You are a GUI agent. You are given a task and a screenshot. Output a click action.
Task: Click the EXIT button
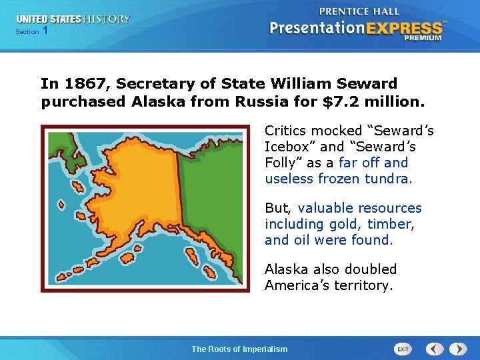click(403, 349)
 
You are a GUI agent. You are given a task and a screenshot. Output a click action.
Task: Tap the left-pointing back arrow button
click(435, 349)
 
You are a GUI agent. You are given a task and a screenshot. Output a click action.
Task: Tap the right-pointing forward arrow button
click(458, 349)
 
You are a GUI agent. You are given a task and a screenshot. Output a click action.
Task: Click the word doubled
click(368, 269)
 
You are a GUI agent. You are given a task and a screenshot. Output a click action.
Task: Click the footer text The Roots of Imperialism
click(239, 349)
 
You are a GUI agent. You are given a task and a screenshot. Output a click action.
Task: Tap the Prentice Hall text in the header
click(359, 11)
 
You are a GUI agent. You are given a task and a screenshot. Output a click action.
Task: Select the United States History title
click(73, 19)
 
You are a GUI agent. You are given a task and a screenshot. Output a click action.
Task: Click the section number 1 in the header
click(45, 31)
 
